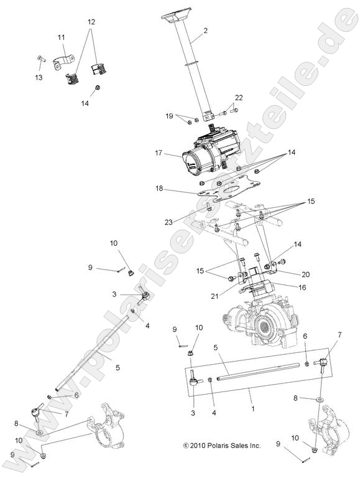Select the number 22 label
[239, 97]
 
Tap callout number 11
[62, 38]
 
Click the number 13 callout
[39, 77]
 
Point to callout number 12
[91, 22]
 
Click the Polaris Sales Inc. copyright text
[222, 446]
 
